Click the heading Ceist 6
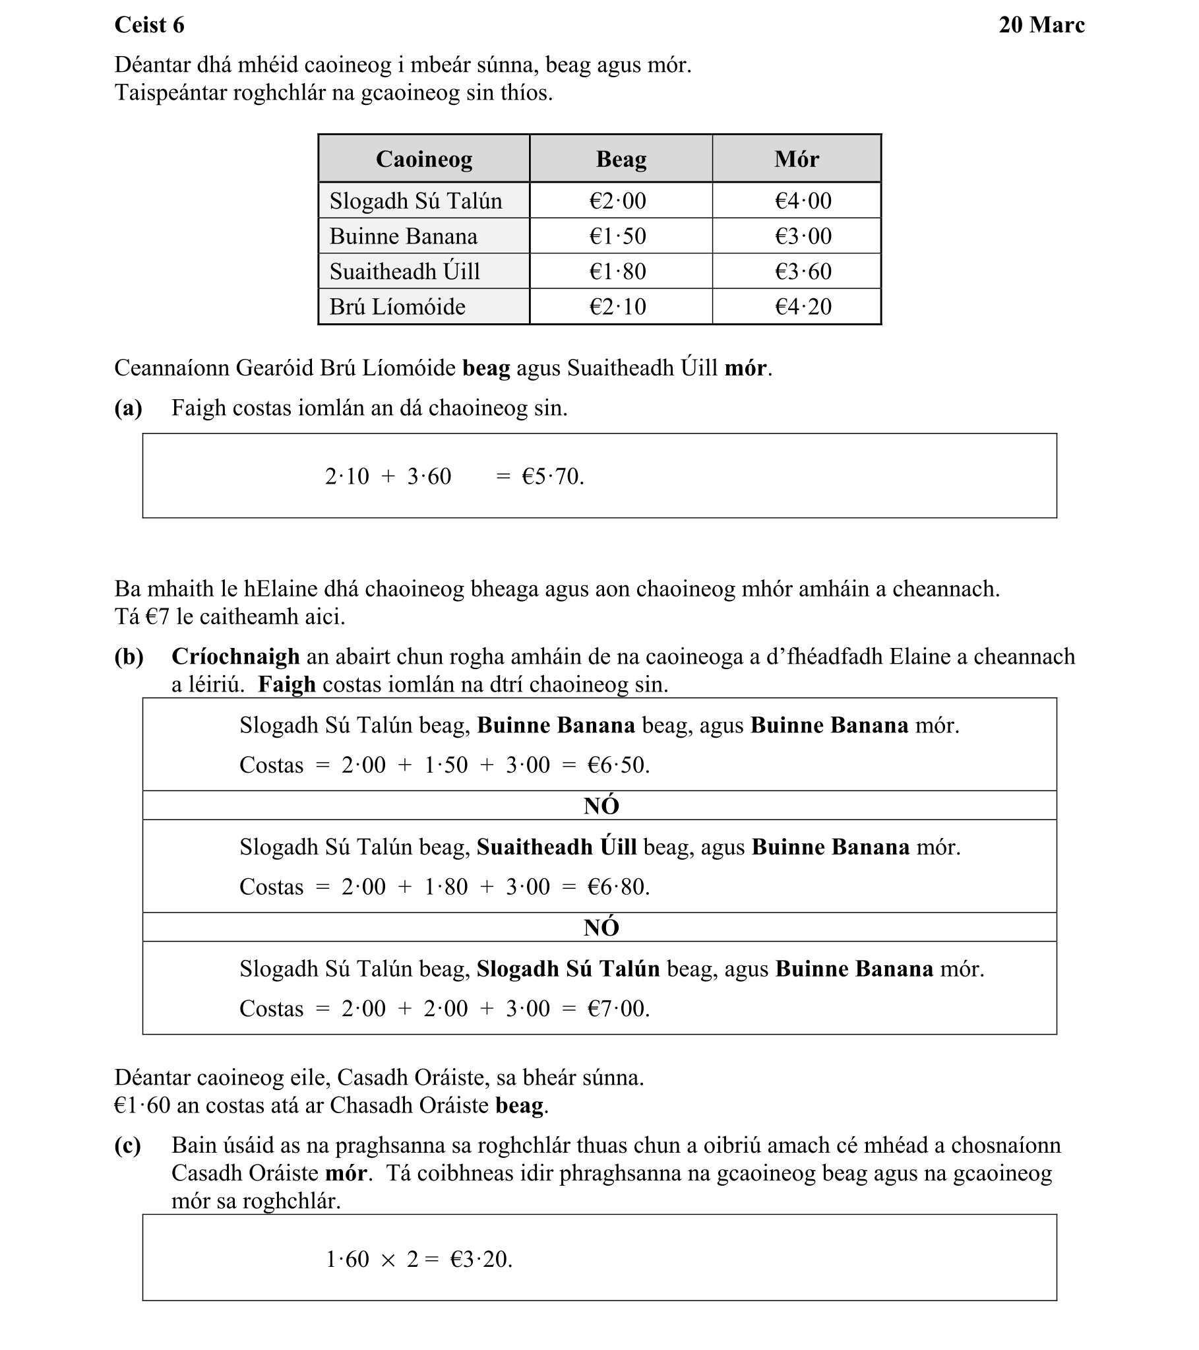(x=149, y=25)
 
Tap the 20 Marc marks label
(x=1041, y=25)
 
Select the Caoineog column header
(x=424, y=159)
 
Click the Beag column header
(x=621, y=159)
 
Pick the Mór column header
(x=796, y=159)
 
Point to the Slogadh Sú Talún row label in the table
(x=416, y=201)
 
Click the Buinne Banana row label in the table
(x=404, y=236)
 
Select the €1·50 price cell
(x=617, y=236)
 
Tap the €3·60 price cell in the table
(x=803, y=271)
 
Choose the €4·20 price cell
(x=803, y=307)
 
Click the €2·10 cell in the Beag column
(x=617, y=307)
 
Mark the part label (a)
(x=128, y=408)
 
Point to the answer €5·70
(x=552, y=477)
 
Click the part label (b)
(x=129, y=657)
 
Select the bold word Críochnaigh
(x=235, y=657)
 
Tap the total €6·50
(x=618, y=765)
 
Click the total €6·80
(x=618, y=887)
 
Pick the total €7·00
(x=618, y=1008)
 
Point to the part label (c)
(x=127, y=1145)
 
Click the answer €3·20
(x=481, y=1260)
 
